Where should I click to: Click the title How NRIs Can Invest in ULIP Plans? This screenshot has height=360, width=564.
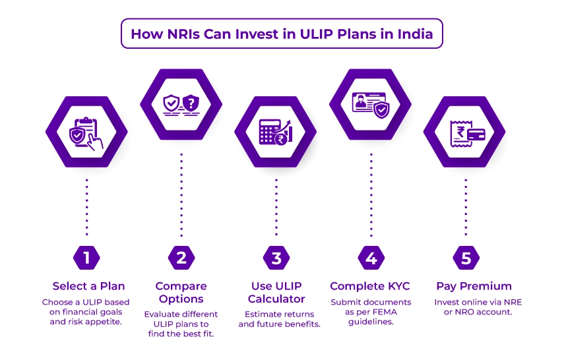click(x=282, y=34)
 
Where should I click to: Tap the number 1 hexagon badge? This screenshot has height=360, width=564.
click(x=86, y=258)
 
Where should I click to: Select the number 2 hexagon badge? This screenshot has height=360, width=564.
click(x=181, y=258)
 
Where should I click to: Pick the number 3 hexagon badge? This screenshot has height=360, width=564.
click(x=276, y=258)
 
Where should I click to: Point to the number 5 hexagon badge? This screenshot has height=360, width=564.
click(x=465, y=258)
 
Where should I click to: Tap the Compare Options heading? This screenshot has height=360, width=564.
click(x=181, y=293)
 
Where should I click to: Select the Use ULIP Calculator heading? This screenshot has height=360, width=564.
click(x=276, y=293)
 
